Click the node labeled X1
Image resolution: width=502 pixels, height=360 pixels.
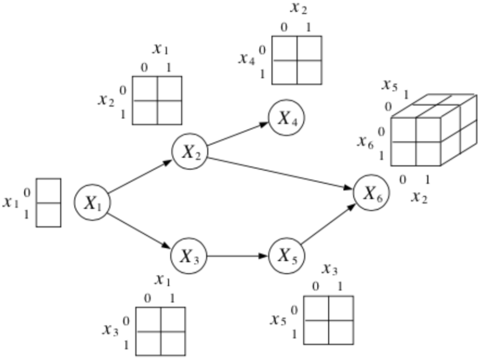coord(92,202)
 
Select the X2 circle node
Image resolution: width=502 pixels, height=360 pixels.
coord(190,152)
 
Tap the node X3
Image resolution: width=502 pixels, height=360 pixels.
coord(189,256)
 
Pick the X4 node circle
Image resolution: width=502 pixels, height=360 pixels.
coord(287,118)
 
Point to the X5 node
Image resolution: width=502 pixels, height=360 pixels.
coord(286,256)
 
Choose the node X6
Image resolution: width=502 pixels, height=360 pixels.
coord(371,194)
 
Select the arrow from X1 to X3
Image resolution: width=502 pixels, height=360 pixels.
coord(140,230)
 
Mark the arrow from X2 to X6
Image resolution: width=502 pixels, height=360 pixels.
coord(281,173)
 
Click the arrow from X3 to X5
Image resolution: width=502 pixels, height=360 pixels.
coord(237,256)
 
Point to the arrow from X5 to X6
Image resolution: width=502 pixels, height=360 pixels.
coord(328,225)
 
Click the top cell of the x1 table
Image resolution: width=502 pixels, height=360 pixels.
coord(48,191)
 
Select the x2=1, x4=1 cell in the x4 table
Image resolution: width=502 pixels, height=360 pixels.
coord(309,72)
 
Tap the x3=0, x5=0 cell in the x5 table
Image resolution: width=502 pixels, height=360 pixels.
coord(316,308)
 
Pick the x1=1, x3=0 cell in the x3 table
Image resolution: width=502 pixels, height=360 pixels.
coord(173,320)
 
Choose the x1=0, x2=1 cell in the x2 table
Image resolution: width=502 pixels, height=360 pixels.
coord(145,112)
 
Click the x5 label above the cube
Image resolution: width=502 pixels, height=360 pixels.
coord(389,85)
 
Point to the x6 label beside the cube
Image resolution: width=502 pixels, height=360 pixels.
coord(365,142)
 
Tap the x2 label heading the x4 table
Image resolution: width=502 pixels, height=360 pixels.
coord(299,8)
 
